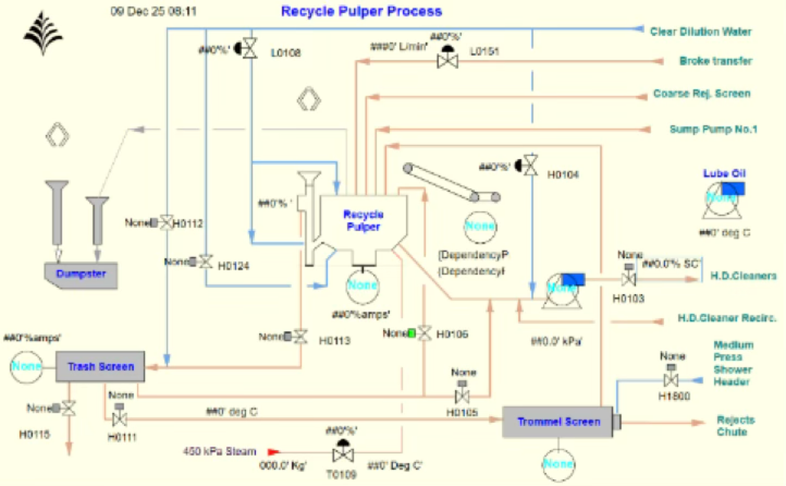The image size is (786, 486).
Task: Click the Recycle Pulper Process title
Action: [362, 11]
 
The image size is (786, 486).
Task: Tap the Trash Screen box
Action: [100, 366]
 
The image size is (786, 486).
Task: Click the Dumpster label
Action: [81, 274]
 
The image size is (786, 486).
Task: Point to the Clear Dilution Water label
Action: [701, 32]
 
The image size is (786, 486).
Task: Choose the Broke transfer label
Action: [716, 61]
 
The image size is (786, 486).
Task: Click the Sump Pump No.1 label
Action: [713, 129]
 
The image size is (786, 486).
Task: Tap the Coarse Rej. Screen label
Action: [702, 93]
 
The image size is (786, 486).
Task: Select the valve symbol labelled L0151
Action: [447, 61]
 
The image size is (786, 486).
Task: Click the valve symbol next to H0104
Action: [530, 166]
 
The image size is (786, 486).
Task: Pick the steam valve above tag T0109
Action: [343, 455]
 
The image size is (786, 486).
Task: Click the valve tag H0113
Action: [335, 341]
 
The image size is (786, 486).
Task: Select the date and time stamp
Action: [153, 11]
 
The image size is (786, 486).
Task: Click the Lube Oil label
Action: [724, 173]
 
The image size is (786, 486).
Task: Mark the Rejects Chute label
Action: [735, 426]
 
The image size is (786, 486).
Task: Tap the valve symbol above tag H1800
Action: [671, 380]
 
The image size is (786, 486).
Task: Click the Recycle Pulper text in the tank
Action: [363, 220]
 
